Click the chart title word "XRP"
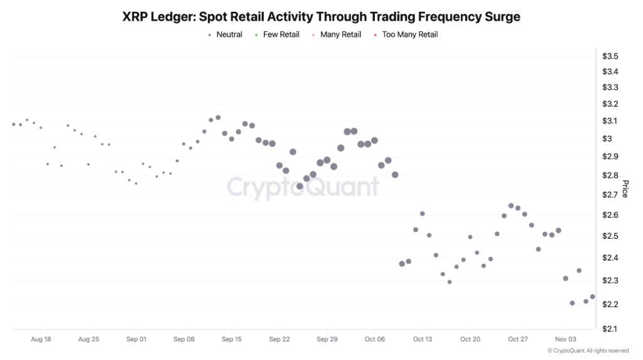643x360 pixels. point(136,17)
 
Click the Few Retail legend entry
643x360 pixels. point(281,35)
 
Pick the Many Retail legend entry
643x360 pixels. point(340,35)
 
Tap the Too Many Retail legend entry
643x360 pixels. point(409,35)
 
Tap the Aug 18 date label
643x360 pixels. point(41,339)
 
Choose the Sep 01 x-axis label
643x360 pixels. point(136,339)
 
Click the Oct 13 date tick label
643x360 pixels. point(423,339)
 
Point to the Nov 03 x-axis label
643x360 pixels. point(565,339)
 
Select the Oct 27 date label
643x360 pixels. point(518,339)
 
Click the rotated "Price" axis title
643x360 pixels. point(625,188)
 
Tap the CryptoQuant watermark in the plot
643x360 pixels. point(303,187)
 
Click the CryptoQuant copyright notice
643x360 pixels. point(588,351)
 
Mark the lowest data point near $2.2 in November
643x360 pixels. point(572,303)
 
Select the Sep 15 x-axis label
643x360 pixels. point(232,339)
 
